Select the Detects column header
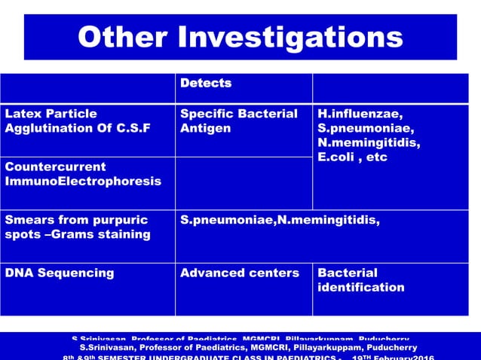(x=206, y=84)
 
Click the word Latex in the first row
(x=22, y=114)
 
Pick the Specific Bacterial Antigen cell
(x=239, y=121)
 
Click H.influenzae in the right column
(x=360, y=114)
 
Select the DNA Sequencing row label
(x=60, y=273)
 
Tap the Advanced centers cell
(x=239, y=273)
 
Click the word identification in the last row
(x=360, y=287)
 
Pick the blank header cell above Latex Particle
(x=87, y=88)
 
